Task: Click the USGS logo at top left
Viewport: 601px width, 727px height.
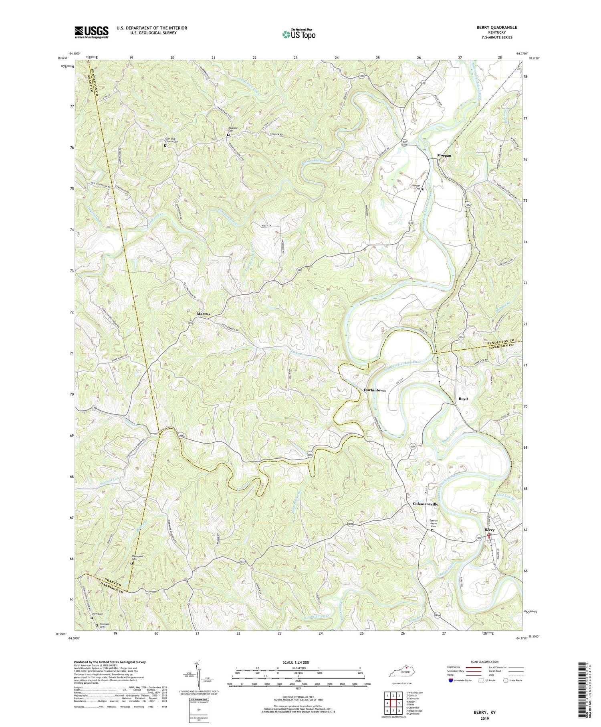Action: click(x=91, y=32)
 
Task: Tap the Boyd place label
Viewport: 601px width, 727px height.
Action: click(x=463, y=399)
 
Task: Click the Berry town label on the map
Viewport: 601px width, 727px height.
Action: click(x=490, y=530)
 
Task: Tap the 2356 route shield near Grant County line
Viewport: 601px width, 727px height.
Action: click(x=181, y=434)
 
